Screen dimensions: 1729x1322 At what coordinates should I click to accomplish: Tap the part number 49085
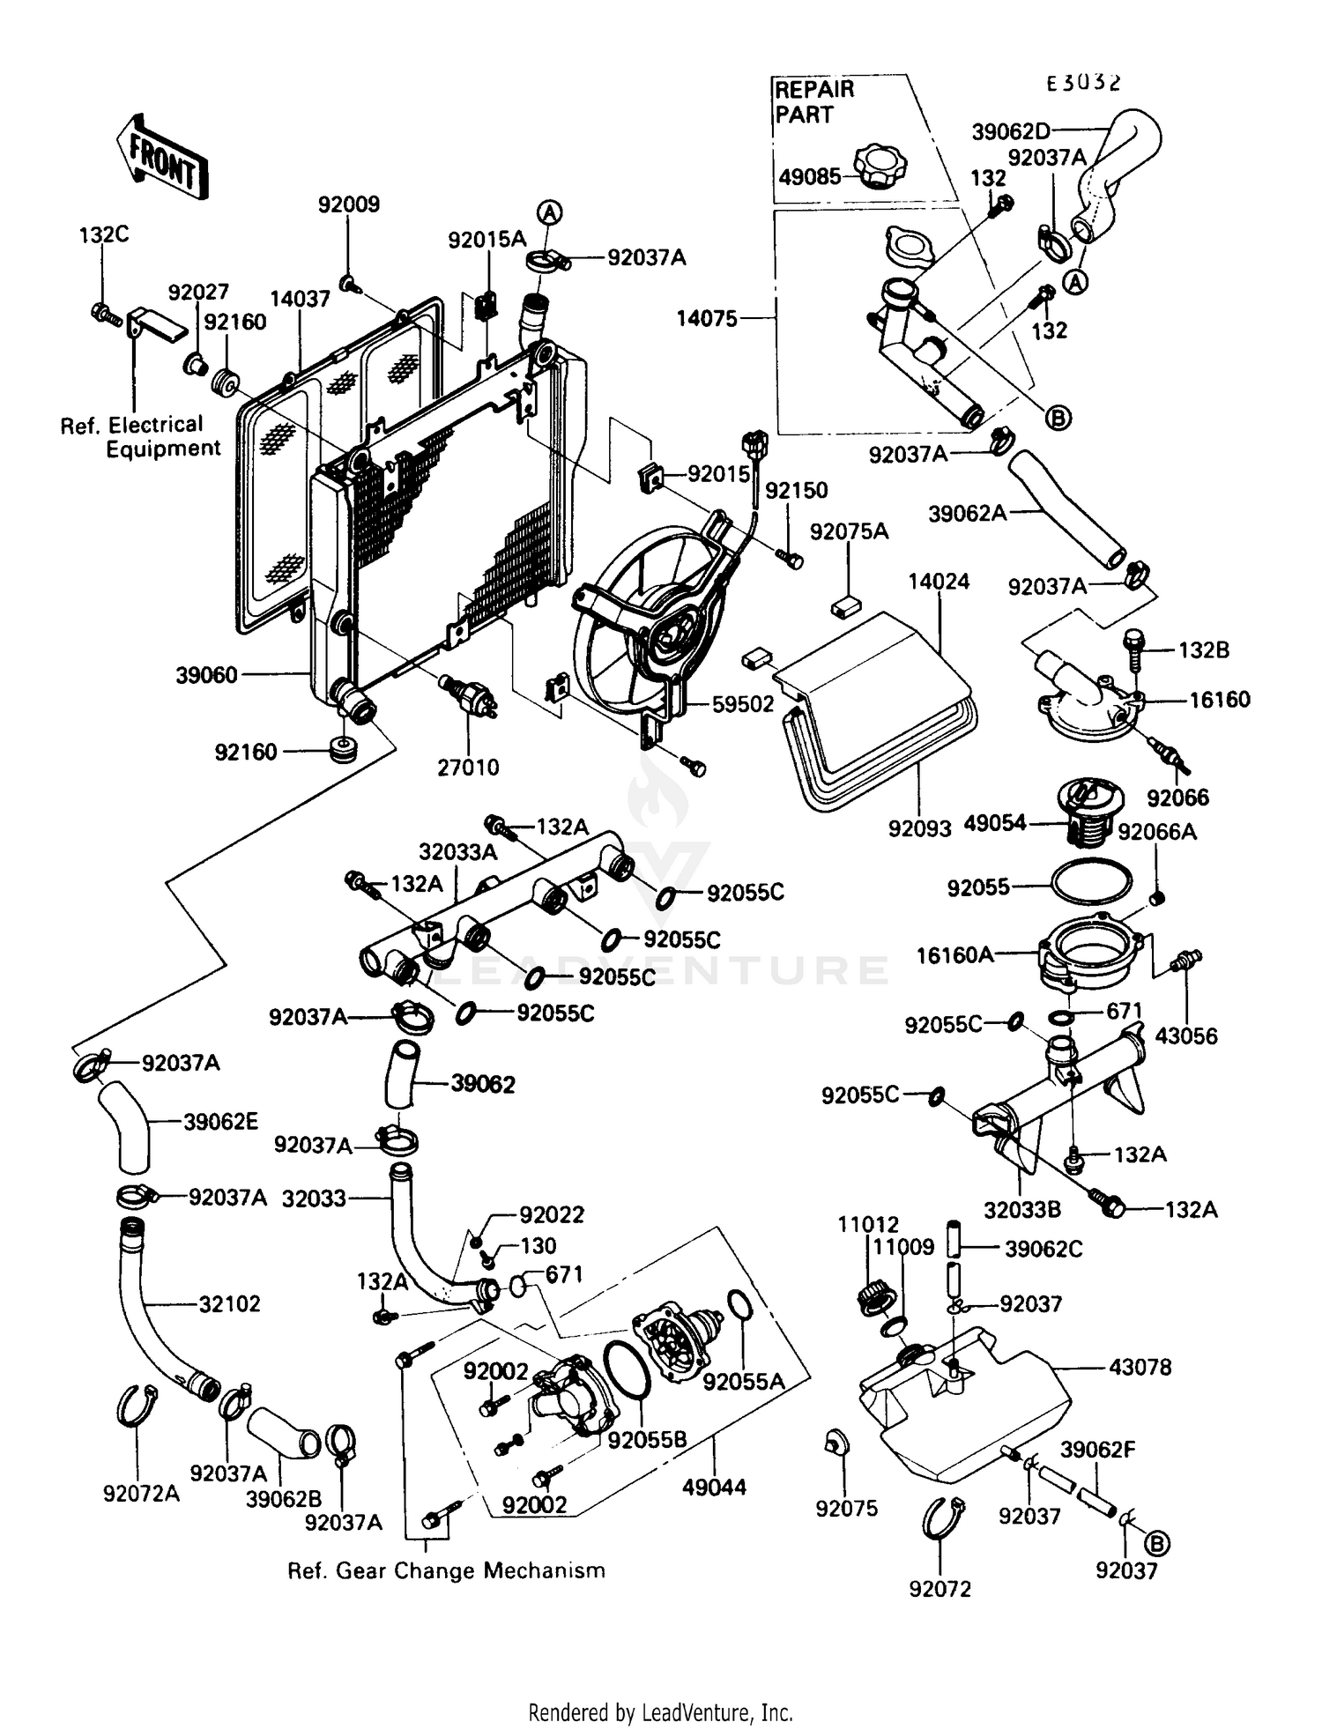809,176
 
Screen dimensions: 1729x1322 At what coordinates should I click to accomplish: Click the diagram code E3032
1083,83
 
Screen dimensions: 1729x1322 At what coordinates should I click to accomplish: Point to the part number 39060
206,675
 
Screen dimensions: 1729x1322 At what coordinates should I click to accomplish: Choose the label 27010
468,768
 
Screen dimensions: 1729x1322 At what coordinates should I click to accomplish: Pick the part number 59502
742,704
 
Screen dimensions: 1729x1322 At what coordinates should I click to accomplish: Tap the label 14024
939,582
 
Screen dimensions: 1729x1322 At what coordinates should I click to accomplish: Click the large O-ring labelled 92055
1091,881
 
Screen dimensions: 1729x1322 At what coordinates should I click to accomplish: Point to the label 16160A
954,954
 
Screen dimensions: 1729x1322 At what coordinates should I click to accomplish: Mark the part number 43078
1140,1368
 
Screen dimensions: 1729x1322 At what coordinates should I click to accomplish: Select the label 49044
714,1488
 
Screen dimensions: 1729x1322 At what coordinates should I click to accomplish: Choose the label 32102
229,1303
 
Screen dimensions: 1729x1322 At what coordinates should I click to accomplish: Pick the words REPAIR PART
813,101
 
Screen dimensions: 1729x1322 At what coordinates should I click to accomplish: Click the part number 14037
300,299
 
